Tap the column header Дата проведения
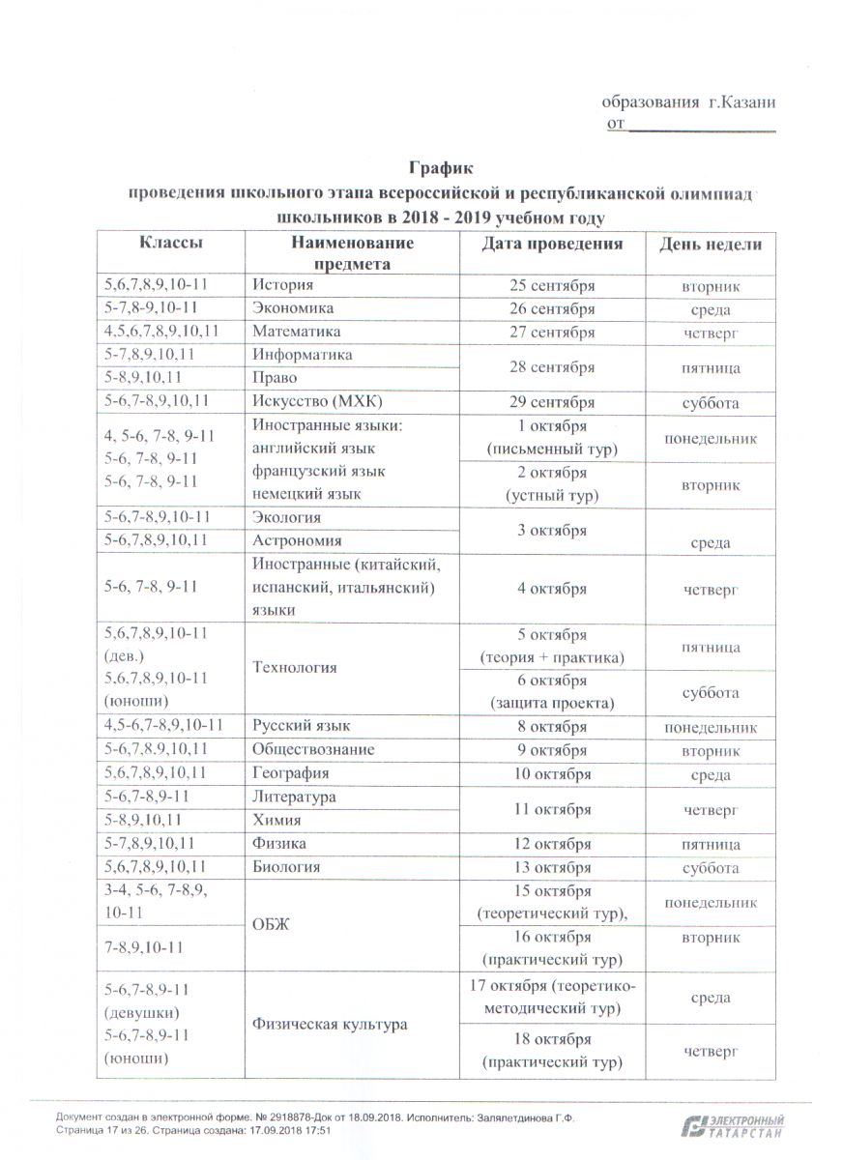click(x=552, y=244)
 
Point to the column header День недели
click(x=711, y=245)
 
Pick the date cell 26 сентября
click(x=552, y=309)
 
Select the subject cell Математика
click(x=296, y=332)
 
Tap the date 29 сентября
click(x=552, y=402)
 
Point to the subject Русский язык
click(x=301, y=726)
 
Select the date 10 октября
click(x=552, y=773)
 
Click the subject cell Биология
click(x=287, y=867)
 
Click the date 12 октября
click(x=552, y=844)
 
